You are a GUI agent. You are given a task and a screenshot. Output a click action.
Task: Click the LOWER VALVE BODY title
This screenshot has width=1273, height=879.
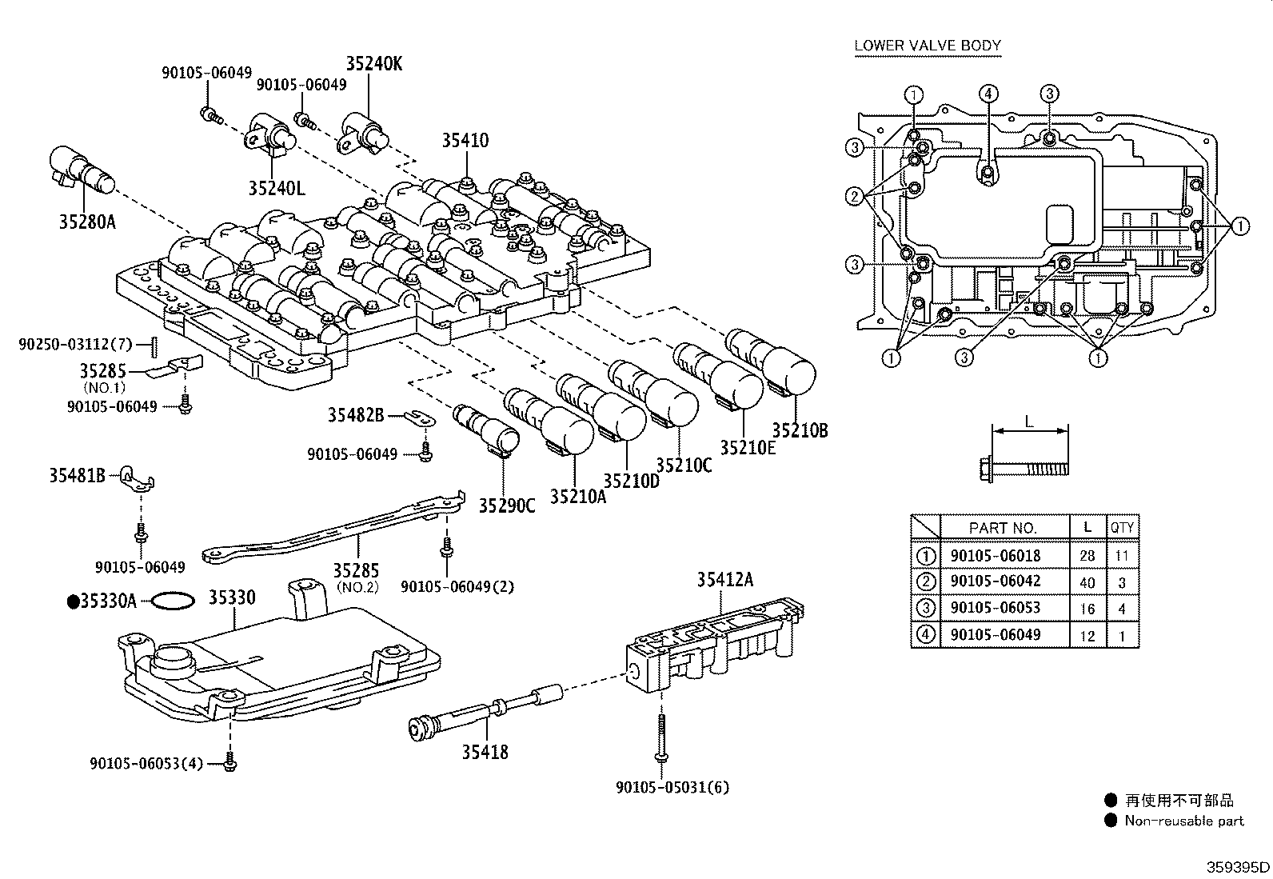point(928,46)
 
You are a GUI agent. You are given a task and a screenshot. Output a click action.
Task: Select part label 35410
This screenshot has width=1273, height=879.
point(465,140)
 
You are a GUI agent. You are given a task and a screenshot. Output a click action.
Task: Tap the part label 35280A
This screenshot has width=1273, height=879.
point(87,222)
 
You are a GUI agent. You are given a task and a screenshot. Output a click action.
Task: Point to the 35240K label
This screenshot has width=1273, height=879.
point(374,64)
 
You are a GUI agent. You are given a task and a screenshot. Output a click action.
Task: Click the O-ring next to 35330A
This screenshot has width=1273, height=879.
point(174,601)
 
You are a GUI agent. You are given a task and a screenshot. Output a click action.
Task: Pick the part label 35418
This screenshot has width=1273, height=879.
point(485,752)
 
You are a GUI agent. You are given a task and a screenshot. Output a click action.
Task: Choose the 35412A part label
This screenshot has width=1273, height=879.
point(725,579)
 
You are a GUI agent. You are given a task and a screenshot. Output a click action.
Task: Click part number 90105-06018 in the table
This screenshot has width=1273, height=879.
point(996,556)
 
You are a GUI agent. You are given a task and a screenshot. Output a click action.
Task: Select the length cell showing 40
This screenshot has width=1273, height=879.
point(1087,583)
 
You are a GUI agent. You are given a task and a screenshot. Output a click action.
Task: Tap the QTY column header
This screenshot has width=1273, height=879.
point(1123,528)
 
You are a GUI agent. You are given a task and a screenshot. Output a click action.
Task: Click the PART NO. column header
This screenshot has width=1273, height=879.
point(1003,528)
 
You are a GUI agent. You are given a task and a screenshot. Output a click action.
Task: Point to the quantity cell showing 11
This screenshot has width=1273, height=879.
point(1122,556)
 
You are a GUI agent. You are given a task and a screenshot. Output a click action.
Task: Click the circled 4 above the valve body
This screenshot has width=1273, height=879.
point(988,94)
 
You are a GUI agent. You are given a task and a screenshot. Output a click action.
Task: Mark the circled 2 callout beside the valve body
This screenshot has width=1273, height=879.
point(855,197)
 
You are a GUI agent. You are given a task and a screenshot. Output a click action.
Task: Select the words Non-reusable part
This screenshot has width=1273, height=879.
point(1184,821)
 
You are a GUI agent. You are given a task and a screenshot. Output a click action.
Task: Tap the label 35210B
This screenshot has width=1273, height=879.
point(800,430)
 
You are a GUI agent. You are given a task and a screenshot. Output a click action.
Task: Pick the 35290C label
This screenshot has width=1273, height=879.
point(507,505)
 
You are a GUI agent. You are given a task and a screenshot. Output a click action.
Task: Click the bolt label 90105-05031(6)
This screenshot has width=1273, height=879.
point(672,788)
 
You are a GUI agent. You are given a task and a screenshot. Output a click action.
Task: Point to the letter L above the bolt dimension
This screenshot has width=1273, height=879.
point(1029,422)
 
